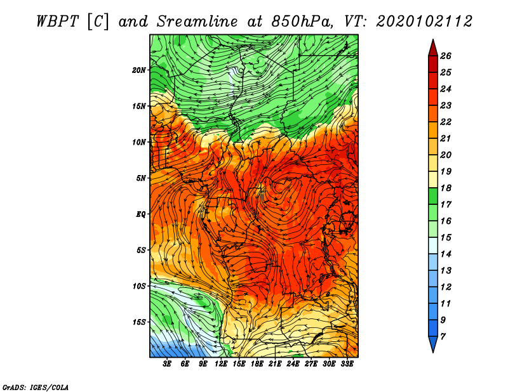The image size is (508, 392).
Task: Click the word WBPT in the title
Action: click(x=57, y=22)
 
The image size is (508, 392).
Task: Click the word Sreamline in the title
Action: click(x=197, y=22)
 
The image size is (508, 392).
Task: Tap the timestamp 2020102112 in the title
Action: click(x=424, y=22)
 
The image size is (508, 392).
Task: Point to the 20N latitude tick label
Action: click(x=139, y=70)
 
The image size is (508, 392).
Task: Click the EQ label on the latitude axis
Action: click(x=140, y=214)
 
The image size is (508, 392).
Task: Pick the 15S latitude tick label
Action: click(x=139, y=322)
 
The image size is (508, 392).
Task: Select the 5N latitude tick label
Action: click(x=141, y=178)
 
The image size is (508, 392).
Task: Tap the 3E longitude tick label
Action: click(x=167, y=364)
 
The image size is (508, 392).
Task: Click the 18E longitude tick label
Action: click(x=257, y=364)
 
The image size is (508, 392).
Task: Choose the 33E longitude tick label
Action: click(x=347, y=364)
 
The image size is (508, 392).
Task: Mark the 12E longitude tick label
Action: click(x=221, y=364)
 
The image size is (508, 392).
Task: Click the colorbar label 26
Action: click(x=446, y=56)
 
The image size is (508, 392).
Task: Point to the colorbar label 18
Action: click(x=446, y=188)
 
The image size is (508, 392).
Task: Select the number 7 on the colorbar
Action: click(x=443, y=337)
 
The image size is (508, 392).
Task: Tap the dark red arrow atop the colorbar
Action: click(x=433, y=49)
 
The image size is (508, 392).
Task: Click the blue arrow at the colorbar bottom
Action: click(x=433, y=343)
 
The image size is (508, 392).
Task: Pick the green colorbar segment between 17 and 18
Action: click(x=433, y=196)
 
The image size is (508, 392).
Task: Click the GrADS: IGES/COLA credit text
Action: click(x=36, y=387)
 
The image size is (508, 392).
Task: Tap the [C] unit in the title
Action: click(x=98, y=22)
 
